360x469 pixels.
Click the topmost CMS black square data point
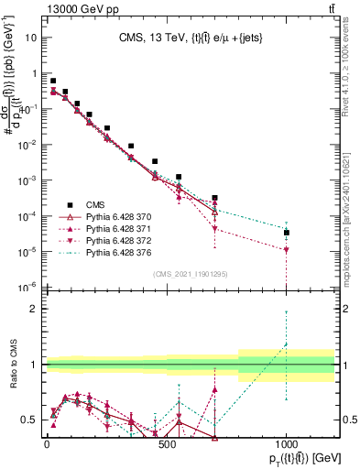pyautogui.click(x=53, y=81)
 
